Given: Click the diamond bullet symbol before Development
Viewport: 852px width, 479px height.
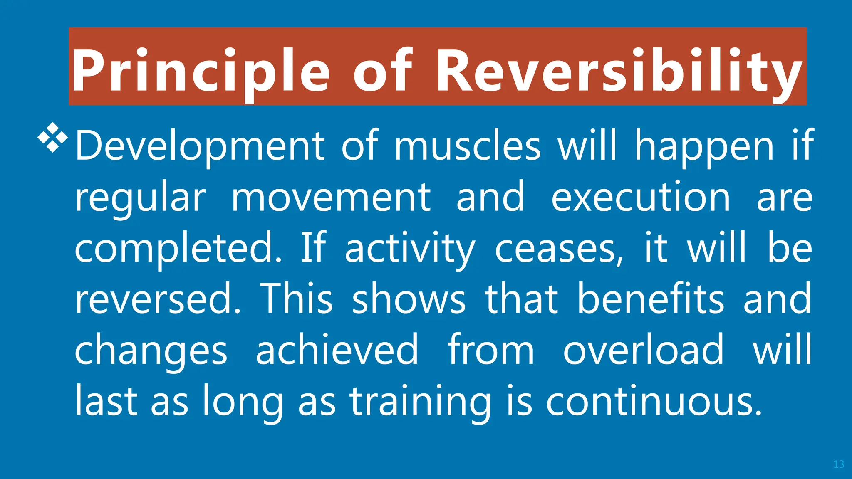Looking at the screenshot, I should [53, 137].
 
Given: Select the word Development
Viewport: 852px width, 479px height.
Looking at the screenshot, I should [200, 146].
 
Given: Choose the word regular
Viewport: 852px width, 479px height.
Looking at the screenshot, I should [140, 197].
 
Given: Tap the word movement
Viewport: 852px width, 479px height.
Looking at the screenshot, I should [331, 197].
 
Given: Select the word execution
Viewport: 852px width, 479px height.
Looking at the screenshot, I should [641, 197].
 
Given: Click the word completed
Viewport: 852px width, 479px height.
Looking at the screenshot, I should [178, 248].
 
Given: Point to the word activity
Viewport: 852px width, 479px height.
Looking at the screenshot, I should [409, 248].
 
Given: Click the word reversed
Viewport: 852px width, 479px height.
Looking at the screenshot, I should [157, 299].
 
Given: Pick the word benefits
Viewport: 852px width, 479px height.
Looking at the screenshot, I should [651, 299].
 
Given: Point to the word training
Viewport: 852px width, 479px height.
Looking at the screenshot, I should [420, 401].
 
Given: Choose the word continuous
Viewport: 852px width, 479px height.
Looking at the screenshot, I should [654, 401].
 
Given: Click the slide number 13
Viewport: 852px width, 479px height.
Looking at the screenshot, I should [839, 464].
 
